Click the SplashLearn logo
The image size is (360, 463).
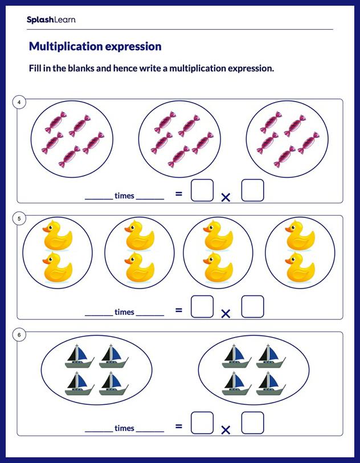point(51,20)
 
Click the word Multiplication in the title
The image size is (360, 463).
point(62,46)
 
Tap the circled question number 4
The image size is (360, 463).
point(19,103)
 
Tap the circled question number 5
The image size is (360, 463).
point(19,218)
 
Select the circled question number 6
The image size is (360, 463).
point(19,335)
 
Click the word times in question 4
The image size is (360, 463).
point(124,196)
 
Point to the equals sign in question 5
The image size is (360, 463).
point(178,310)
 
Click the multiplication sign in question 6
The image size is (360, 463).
point(226,430)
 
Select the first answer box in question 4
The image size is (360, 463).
point(202,190)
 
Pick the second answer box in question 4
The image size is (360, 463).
point(252,190)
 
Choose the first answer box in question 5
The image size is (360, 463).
point(202,306)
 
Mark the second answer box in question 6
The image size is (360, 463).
point(252,423)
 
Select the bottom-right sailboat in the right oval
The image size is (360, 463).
point(268,383)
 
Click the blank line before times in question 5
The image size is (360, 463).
point(99,314)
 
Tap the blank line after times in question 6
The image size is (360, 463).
point(150,430)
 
